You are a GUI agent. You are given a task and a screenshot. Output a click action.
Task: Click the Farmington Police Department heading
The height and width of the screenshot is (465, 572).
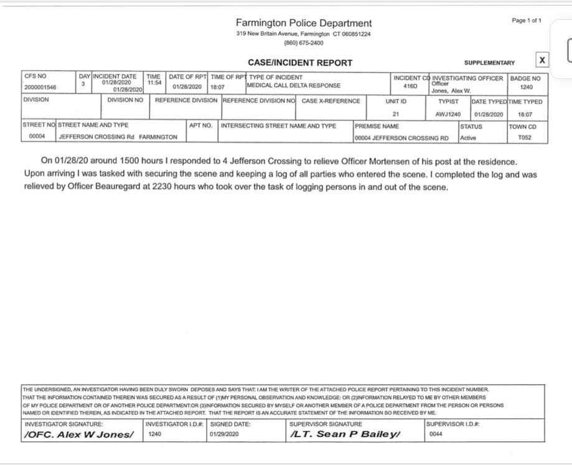pyautogui.click(x=304, y=23)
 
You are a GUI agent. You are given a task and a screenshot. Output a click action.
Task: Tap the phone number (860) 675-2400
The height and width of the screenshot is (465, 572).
pyautogui.click(x=304, y=43)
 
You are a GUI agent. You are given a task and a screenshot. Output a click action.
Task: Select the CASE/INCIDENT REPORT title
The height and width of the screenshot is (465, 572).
pyautogui.click(x=300, y=62)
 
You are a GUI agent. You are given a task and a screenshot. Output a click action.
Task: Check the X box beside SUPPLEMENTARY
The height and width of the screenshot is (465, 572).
pyautogui.click(x=542, y=60)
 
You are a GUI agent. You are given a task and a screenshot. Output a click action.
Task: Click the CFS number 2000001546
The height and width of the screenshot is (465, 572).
pyautogui.click(x=40, y=88)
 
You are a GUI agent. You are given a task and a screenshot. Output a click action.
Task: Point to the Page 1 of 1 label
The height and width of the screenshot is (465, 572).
pyautogui.click(x=527, y=21)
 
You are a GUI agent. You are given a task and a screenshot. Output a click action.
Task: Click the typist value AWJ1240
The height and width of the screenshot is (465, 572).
pyautogui.click(x=448, y=115)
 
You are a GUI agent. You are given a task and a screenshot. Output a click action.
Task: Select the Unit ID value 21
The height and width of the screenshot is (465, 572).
pyautogui.click(x=395, y=115)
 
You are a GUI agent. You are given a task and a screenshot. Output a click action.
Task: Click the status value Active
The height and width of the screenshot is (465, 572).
pyautogui.click(x=467, y=138)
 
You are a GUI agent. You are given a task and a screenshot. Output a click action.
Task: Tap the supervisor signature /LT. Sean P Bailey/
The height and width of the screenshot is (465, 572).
pyautogui.click(x=344, y=434)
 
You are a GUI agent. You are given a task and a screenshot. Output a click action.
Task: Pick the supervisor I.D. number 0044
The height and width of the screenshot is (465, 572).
pyautogui.click(x=436, y=434)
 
